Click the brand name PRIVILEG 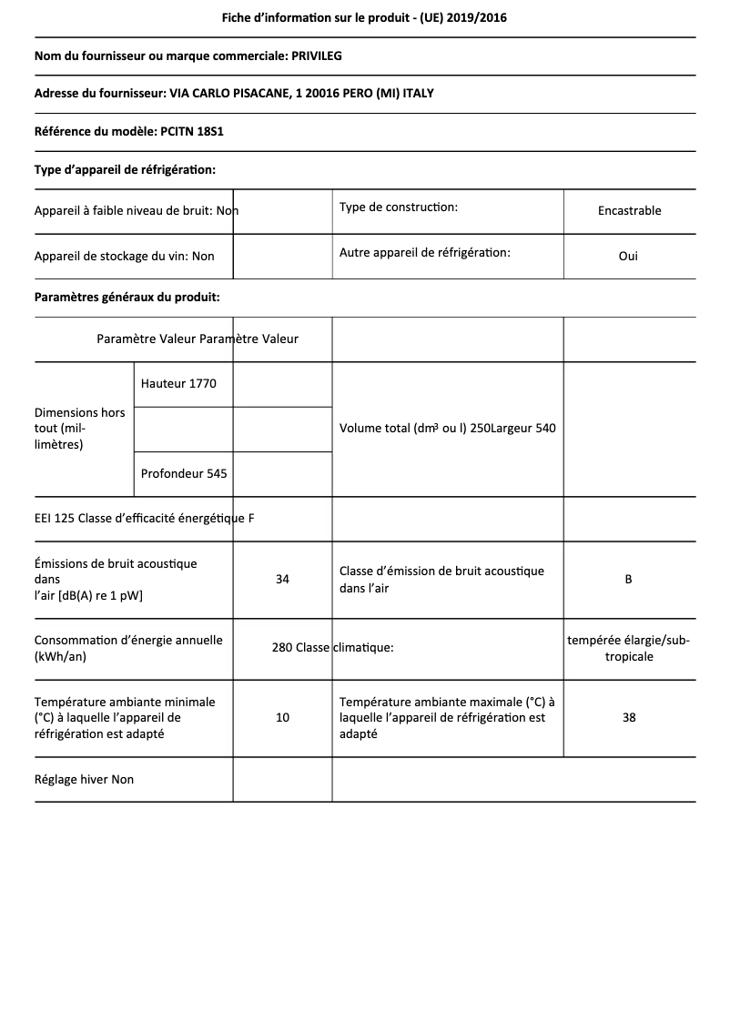[316, 56]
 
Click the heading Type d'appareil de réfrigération [125, 169]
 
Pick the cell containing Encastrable [629, 210]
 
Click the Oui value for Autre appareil [628, 256]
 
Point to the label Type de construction [398, 207]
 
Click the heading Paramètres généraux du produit [127, 297]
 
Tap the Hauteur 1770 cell [178, 383]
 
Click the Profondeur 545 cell [184, 473]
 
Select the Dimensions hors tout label [80, 428]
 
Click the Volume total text [404, 428]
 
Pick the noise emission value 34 [282, 579]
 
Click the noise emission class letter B [629, 579]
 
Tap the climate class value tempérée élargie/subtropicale [629, 648]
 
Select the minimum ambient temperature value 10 [282, 717]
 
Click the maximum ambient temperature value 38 [629, 717]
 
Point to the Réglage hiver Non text [84, 779]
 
